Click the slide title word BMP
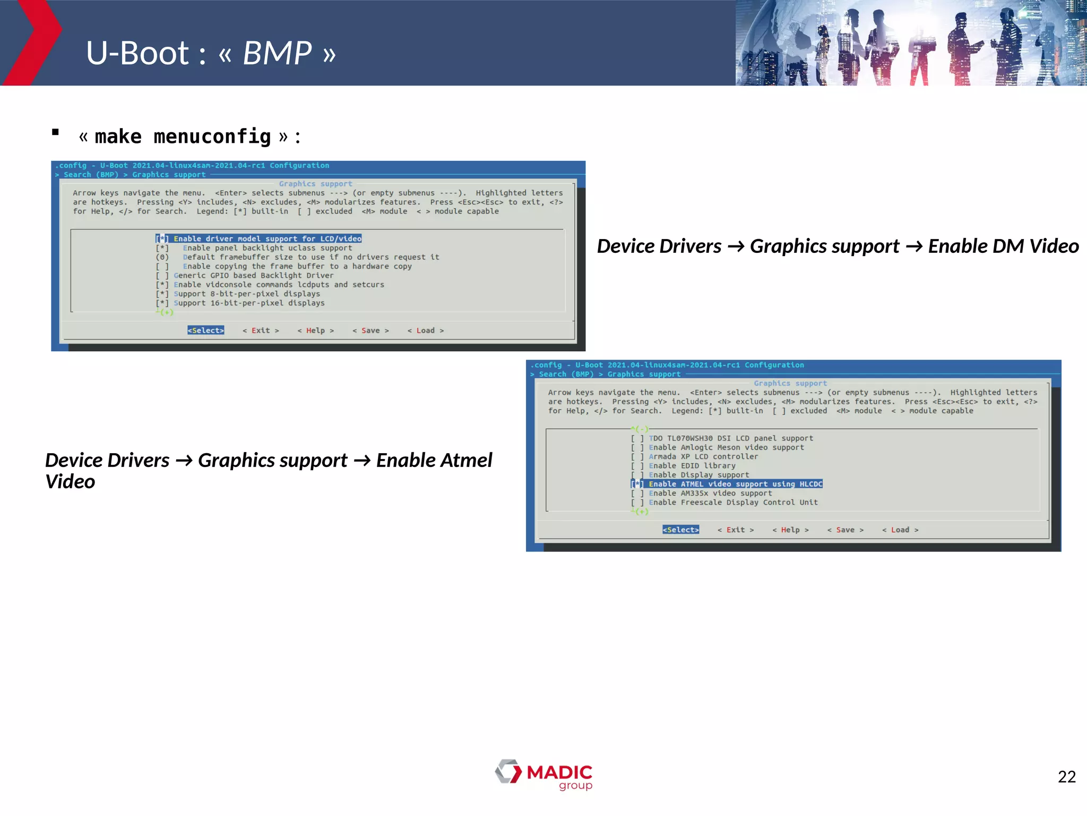point(277,53)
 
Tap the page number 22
point(1066,777)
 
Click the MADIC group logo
point(544,775)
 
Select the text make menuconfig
point(183,137)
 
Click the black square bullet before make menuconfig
point(55,132)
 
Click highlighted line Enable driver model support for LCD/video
point(267,239)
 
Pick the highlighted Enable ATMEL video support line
point(735,484)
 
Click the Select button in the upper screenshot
point(205,330)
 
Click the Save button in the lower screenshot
point(845,530)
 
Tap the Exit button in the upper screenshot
point(261,330)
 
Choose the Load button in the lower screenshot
point(900,530)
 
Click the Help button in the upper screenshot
point(315,330)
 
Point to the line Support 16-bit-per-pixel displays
point(249,303)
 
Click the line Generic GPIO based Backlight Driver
point(253,275)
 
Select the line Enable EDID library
point(692,465)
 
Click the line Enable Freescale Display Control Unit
point(732,502)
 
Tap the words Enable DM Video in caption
point(1003,246)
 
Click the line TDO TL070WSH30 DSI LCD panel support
point(730,438)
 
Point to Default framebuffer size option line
point(310,257)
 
